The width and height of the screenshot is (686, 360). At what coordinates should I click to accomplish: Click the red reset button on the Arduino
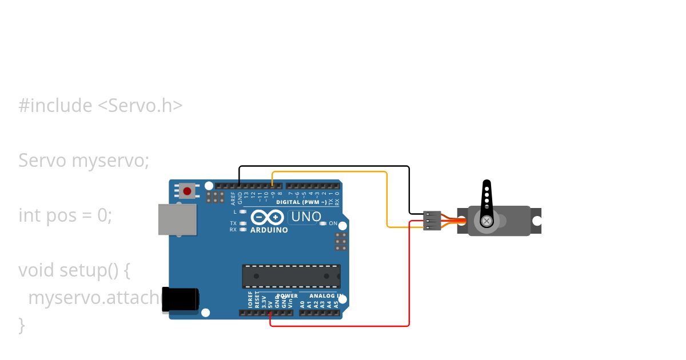click(x=187, y=191)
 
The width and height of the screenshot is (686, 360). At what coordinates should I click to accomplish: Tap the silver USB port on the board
click(x=177, y=219)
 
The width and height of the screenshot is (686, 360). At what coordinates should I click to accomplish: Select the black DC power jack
click(x=181, y=299)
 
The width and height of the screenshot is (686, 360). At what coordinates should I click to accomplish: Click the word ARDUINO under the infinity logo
click(x=269, y=230)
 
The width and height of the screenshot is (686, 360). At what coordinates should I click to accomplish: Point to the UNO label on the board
click(x=306, y=217)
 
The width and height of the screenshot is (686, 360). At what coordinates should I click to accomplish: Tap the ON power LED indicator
click(x=323, y=223)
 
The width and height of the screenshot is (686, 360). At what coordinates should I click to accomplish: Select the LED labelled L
click(x=243, y=211)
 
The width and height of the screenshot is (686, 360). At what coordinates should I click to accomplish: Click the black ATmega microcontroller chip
click(x=291, y=276)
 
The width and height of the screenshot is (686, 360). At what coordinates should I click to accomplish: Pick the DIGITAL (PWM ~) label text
click(x=301, y=202)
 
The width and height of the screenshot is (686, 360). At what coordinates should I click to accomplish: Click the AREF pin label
click(x=233, y=198)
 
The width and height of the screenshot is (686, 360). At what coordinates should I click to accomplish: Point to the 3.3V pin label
click(x=264, y=302)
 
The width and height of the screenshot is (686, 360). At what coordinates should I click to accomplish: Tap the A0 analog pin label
click(x=302, y=303)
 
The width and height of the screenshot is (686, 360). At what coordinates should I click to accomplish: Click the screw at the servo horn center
click(x=486, y=221)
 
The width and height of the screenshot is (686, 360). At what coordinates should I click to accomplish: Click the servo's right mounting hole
click(x=536, y=221)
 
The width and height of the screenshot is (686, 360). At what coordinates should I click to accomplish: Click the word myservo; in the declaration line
click(x=110, y=161)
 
